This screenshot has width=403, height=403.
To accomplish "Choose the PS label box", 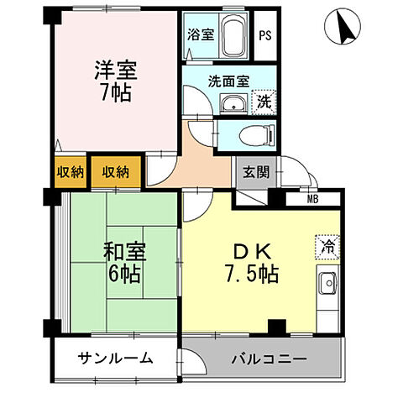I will click(265, 35).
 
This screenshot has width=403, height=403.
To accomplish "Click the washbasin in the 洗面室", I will click(233, 104).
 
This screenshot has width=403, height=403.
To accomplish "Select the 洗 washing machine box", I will click(263, 102).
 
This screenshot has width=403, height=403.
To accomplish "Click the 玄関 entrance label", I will click(256, 173).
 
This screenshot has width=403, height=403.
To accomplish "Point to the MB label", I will click(312, 199).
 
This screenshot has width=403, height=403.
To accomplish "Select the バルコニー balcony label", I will click(270, 359).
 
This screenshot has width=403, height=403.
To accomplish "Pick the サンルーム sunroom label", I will click(116, 359).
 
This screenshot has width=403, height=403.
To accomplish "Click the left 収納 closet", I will click(69, 172).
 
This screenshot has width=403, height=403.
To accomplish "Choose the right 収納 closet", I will click(116, 172).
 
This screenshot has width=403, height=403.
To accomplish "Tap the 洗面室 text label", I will click(228, 81).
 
